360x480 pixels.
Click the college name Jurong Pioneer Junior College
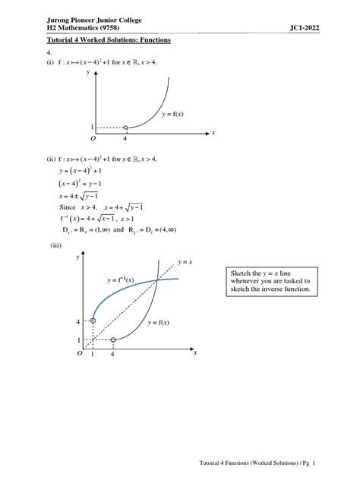(94, 18)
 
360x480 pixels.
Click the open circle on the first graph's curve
(125, 127)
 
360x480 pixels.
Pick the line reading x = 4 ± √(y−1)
(83, 196)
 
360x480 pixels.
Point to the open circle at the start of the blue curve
(93, 321)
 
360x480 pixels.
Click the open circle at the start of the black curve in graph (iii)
(112, 339)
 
